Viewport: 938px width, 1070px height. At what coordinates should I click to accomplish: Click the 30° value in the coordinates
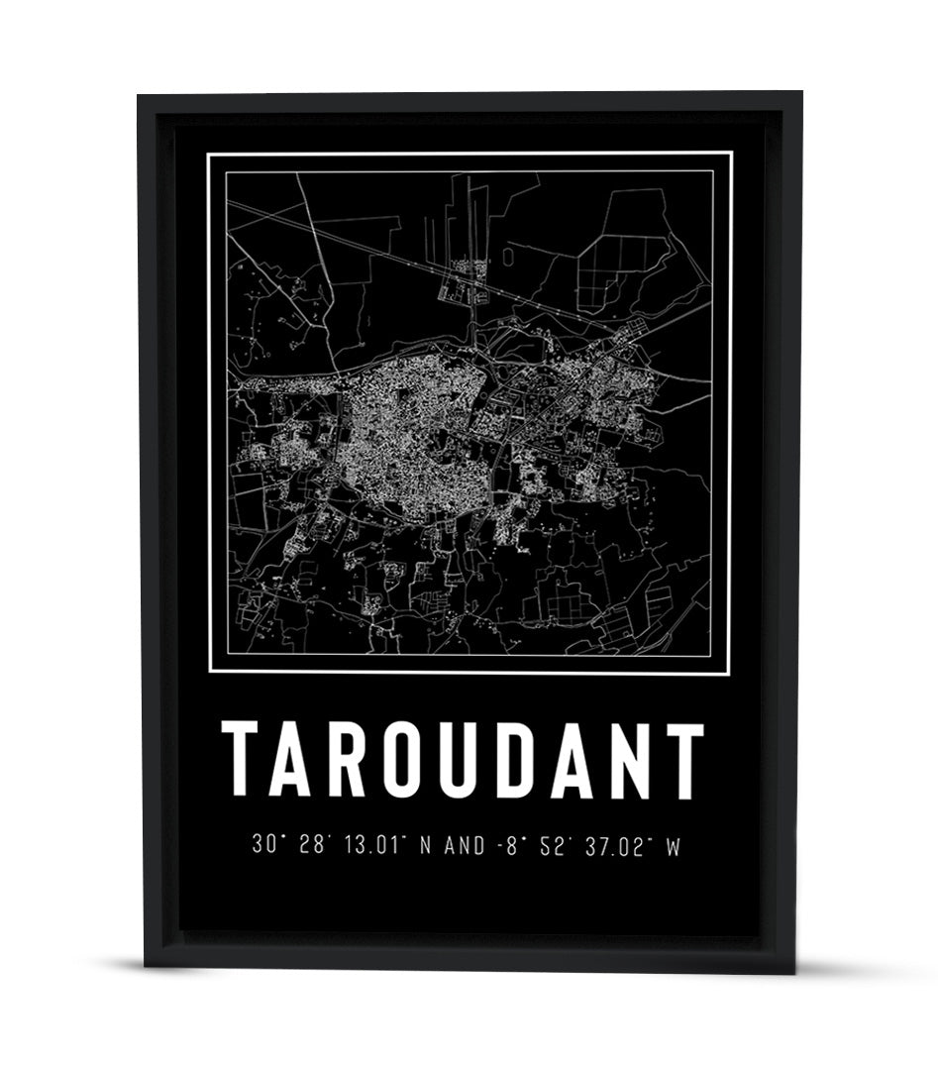(265, 846)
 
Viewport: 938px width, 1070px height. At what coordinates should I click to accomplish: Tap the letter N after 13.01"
(427, 846)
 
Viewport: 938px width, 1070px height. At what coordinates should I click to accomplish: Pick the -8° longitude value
(507, 846)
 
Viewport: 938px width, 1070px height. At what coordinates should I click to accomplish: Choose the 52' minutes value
(551, 846)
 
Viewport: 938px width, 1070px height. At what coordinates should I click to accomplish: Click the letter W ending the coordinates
(674, 846)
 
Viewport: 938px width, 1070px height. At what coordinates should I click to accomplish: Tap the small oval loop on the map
(508, 257)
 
